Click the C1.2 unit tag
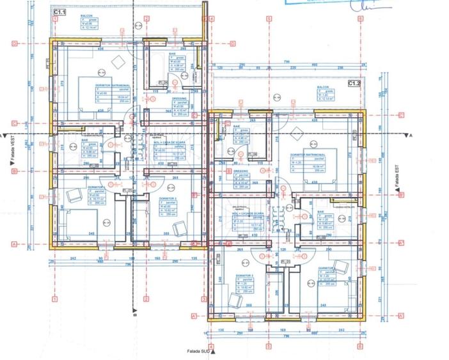(x=354, y=84)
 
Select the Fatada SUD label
(x=197, y=351)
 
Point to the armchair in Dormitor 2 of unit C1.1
(x=178, y=225)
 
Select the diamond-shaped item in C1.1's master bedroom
(x=118, y=60)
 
